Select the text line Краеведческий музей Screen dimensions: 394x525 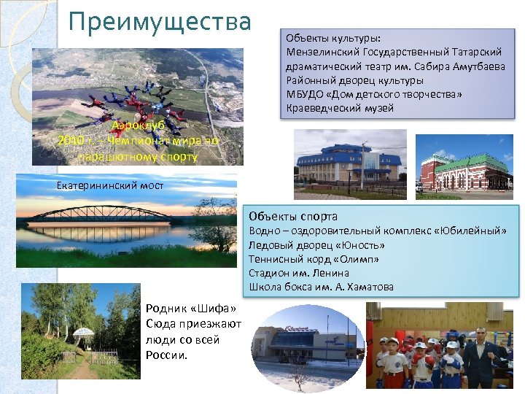tap(340, 109)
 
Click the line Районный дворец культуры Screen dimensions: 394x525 tap(354, 80)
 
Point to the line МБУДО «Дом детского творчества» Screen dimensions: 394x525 tap(374, 95)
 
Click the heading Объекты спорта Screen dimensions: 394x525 tap(292, 216)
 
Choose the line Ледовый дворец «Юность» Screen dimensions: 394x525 tap(316, 245)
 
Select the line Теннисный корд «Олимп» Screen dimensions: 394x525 tap(314, 259)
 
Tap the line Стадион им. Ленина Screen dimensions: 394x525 tap(299, 273)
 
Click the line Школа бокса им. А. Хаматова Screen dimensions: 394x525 tap(321, 287)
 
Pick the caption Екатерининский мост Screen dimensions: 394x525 tap(110, 185)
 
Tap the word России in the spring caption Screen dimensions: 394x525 tap(167, 355)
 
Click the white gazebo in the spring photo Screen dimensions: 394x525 tap(84, 335)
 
